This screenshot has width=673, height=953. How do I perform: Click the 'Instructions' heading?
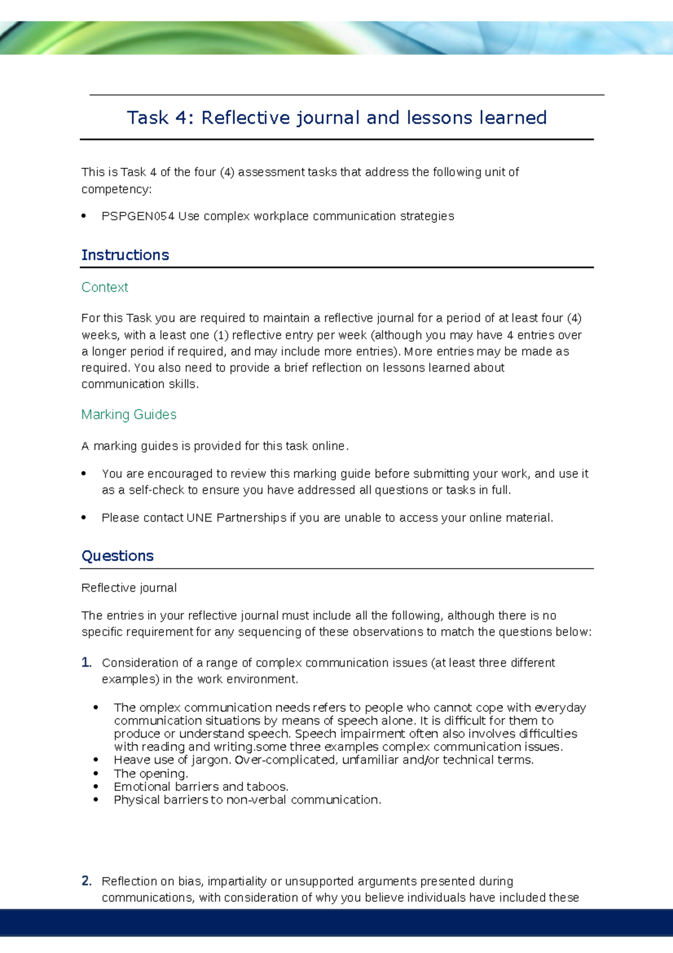(125, 255)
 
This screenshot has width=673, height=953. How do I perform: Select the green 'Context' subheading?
(104, 287)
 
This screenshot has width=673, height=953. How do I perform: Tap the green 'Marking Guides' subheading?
(128, 415)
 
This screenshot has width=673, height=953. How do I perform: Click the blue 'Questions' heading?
(117, 556)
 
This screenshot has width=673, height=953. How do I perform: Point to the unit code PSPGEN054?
(138, 217)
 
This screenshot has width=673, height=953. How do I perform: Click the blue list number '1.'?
(86, 663)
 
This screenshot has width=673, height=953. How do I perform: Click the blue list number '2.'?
(86, 881)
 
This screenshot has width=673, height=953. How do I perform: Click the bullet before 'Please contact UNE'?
(84, 518)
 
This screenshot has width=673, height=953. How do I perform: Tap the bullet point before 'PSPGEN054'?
(84, 216)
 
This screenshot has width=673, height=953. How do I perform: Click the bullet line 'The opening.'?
(150, 774)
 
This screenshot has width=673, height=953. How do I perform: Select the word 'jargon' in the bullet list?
(210, 760)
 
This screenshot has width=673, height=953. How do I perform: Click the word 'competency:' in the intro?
(116, 190)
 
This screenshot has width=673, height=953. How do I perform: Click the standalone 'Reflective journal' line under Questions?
(128, 588)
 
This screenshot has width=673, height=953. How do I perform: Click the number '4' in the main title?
(180, 118)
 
